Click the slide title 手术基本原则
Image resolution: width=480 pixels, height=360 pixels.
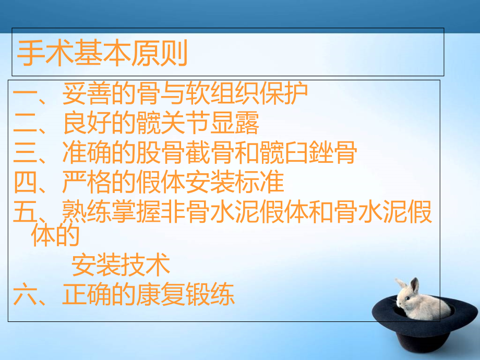click(102, 53)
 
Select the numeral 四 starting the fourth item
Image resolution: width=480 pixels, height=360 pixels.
click(25, 183)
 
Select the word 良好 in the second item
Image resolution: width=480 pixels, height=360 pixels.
click(87, 124)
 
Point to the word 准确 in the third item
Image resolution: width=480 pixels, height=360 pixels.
click(87, 153)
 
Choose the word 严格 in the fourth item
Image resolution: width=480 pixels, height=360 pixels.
click(87, 183)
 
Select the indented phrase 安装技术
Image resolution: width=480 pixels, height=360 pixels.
click(121, 265)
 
